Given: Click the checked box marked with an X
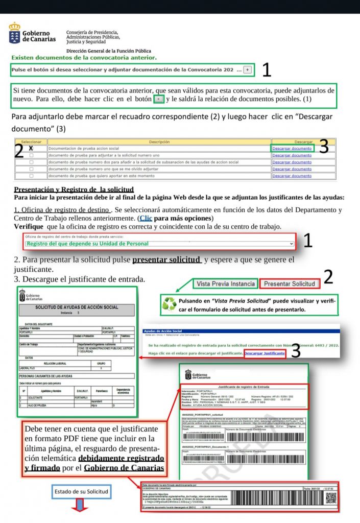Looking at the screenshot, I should (31, 148).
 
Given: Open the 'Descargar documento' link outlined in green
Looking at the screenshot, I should (292, 148).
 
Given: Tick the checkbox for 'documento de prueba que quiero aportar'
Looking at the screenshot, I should (31, 176).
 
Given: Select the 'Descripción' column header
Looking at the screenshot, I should (159, 141).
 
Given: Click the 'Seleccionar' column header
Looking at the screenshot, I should (31, 141).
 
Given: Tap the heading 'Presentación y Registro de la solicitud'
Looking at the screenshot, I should (66, 189).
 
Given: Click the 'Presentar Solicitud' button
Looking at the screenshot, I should (290, 283).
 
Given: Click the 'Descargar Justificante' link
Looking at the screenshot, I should (265, 353).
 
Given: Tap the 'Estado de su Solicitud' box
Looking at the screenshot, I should (81, 491).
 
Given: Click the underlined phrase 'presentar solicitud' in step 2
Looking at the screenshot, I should (166, 260).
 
